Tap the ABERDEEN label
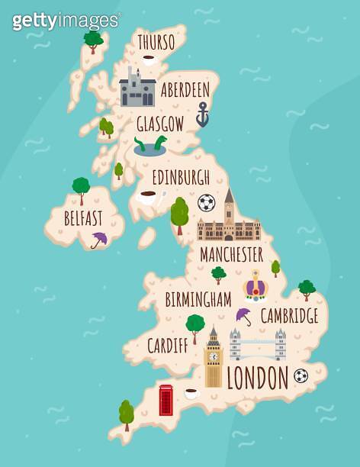click(185, 90)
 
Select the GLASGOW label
click(159, 124)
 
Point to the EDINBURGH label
click(181, 178)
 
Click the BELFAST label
click(83, 219)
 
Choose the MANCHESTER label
click(231, 254)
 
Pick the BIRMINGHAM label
click(198, 299)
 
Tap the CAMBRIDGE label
click(289, 315)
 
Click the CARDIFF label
click(168, 345)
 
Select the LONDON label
click(258, 377)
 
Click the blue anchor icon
click(202, 115)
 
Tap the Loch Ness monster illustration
click(150, 146)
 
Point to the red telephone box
click(166, 400)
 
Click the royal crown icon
click(254, 287)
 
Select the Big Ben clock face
click(214, 356)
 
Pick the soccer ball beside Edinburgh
click(206, 202)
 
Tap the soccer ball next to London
click(301, 375)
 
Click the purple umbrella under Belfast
click(99, 240)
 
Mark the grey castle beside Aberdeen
click(137, 89)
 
